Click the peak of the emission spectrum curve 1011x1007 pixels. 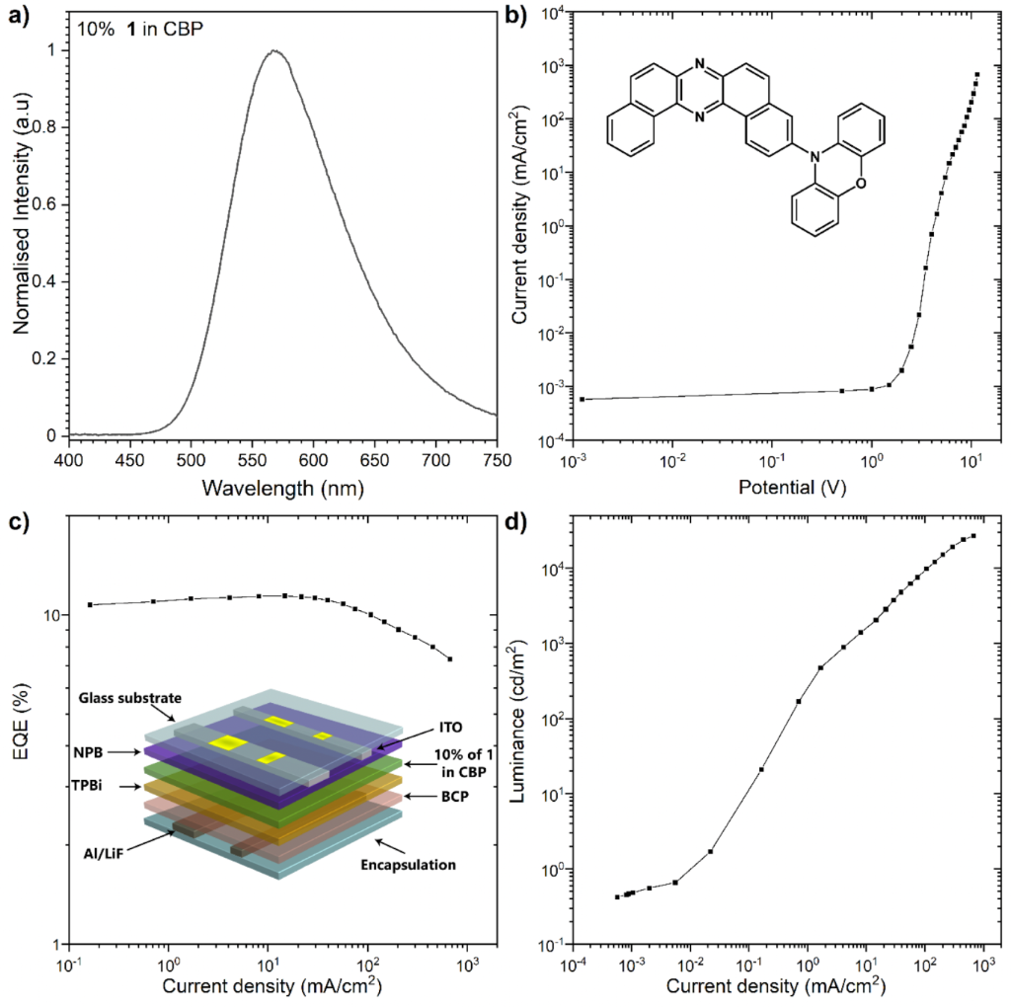pos(275,51)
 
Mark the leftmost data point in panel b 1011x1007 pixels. pos(583,399)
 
